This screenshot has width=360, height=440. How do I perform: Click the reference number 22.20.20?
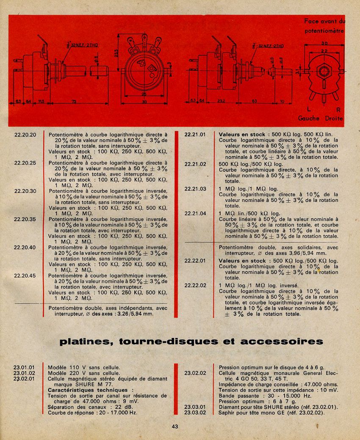(x=25, y=135)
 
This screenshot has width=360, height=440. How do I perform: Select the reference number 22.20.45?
(x=25, y=276)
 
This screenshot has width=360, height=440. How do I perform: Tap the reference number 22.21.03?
(x=195, y=189)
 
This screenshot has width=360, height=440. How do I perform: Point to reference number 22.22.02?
(x=195, y=285)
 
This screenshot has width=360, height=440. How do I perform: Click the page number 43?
(x=175, y=426)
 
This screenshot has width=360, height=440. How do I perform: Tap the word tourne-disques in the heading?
(x=169, y=341)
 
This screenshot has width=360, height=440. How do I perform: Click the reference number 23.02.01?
(x=24, y=379)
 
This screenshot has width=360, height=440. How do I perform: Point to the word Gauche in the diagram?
(x=309, y=118)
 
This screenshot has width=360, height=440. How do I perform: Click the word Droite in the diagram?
(x=334, y=118)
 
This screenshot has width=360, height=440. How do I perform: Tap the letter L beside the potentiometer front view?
(x=309, y=109)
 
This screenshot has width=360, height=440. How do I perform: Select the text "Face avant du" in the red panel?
(x=324, y=21)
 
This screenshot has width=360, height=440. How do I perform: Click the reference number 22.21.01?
(x=195, y=135)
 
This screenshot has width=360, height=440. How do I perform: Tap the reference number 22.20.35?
(x=25, y=219)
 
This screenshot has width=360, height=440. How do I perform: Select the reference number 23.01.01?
(x=24, y=368)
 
